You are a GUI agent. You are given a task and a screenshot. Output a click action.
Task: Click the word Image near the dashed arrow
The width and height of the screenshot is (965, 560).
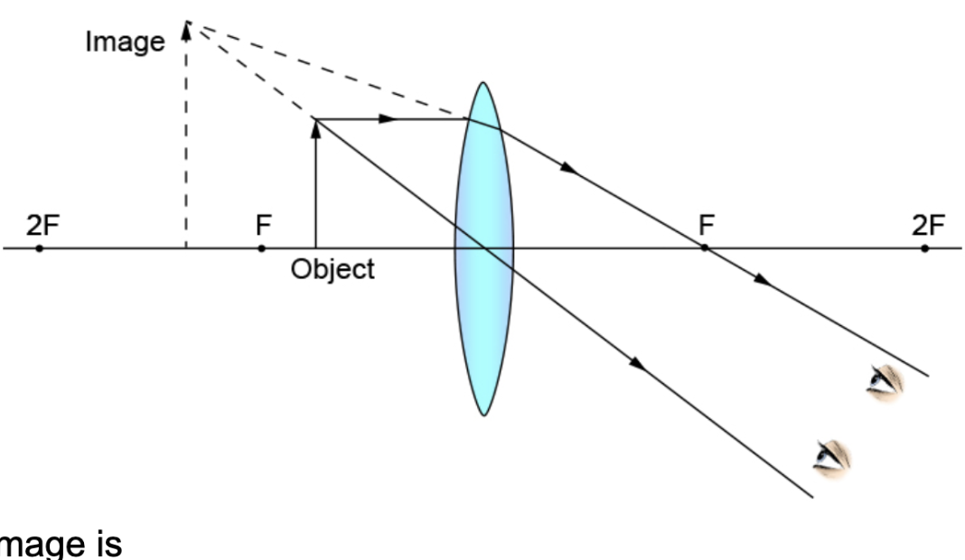pyautogui.click(x=125, y=42)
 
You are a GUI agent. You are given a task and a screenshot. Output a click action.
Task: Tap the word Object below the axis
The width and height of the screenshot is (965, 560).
pyautogui.click(x=333, y=269)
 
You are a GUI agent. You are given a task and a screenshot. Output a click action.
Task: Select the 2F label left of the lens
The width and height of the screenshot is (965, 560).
pyautogui.click(x=40, y=225)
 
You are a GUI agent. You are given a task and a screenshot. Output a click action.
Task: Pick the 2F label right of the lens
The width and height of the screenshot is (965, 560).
pyautogui.click(x=926, y=225)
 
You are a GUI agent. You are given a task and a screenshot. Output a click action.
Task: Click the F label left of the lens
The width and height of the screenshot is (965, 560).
pyautogui.click(x=263, y=225)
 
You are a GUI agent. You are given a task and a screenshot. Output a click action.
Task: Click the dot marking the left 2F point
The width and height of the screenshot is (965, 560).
pyautogui.click(x=39, y=247)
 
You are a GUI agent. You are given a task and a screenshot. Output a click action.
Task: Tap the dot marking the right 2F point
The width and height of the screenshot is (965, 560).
pyautogui.click(x=925, y=247)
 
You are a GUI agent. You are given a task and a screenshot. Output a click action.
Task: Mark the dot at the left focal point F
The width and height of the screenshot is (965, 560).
pyautogui.click(x=261, y=247)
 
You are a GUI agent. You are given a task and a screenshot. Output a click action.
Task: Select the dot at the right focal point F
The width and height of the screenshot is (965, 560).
pyautogui.click(x=704, y=247)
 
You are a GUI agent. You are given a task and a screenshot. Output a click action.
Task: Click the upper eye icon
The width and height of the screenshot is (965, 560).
pyautogui.click(x=885, y=382)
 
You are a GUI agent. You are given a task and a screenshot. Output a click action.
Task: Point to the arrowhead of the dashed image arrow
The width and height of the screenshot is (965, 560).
pyautogui.click(x=186, y=31)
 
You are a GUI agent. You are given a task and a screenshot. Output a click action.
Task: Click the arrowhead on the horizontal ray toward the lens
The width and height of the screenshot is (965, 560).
pyautogui.click(x=388, y=118)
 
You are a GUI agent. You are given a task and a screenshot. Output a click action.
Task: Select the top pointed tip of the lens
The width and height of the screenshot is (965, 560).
pyautogui.click(x=484, y=84)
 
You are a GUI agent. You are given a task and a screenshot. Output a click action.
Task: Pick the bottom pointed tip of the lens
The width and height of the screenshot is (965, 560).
pyautogui.click(x=484, y=415)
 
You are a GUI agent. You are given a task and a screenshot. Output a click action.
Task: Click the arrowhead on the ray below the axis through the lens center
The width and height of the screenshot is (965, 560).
pyautogui.click(x=637, y=363)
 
